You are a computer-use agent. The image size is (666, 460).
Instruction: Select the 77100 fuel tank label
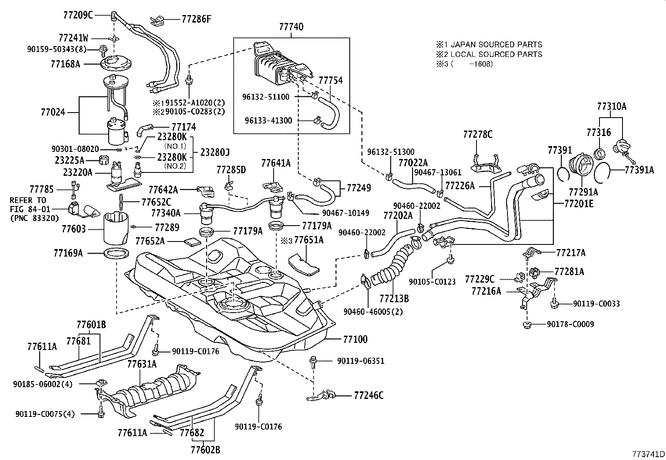(356, 339)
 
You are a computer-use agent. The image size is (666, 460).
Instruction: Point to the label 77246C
(369, 395)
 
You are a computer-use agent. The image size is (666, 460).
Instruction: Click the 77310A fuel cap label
(611, 106)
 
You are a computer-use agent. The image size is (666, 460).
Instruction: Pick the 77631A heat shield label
(142, 364)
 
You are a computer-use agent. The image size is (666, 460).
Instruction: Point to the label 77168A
(66, 64)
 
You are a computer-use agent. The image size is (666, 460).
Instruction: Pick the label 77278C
(478, 134)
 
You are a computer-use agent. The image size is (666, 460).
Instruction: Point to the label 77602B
(205, 450)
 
